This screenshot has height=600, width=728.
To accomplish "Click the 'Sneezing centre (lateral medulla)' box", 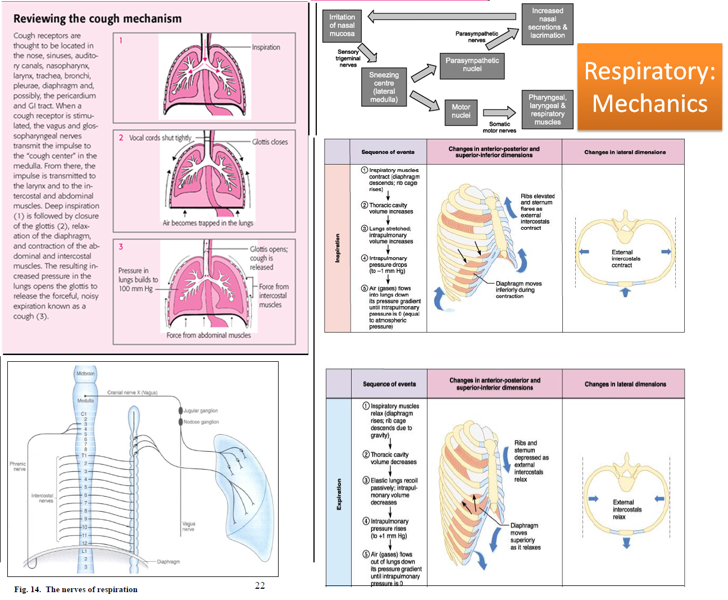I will tap(384, 87).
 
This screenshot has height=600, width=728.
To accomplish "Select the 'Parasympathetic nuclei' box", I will tap(472, 65).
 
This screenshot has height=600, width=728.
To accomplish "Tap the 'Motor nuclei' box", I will tap(461, 111).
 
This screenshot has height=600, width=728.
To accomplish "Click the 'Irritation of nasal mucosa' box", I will tap(342, 25).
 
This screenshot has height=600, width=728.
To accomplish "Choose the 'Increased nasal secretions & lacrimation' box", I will tap(547, 23).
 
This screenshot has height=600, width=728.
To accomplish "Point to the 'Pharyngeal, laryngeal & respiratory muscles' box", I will tap(547, 110).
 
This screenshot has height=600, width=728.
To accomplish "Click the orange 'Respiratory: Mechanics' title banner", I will tap(649, 87).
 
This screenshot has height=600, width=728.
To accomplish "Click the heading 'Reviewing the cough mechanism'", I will tap(97, 19).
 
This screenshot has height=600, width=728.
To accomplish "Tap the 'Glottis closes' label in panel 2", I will tap(270, 142).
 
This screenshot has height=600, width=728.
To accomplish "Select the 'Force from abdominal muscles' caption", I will tap(208, 335).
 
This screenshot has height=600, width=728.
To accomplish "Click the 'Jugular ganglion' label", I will tap(201, 411).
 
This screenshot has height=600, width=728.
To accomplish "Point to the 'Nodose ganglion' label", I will tap(201, 422).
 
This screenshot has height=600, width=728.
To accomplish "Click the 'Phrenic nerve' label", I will tap(18, 466).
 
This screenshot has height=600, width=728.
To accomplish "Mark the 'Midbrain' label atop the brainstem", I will tap(85, 374).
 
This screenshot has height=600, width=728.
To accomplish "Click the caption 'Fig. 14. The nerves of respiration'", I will tap(76, 589).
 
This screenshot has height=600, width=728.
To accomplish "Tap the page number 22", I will tap(260, 585).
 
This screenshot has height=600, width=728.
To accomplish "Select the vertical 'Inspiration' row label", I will tap(338, 248).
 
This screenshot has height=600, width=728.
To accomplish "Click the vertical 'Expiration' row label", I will tap(339, 494).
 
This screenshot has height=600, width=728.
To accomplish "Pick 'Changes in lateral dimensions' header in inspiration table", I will tap(625, 152).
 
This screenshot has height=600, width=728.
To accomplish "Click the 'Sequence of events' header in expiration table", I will tap(389, 384).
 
